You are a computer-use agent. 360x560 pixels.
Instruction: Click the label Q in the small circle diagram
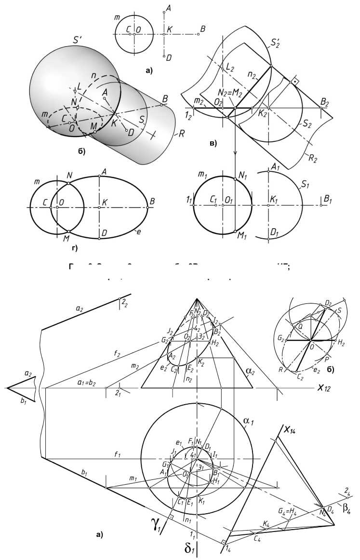[x=300, y=326]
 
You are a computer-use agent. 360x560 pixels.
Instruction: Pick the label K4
[x=267, y=523]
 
